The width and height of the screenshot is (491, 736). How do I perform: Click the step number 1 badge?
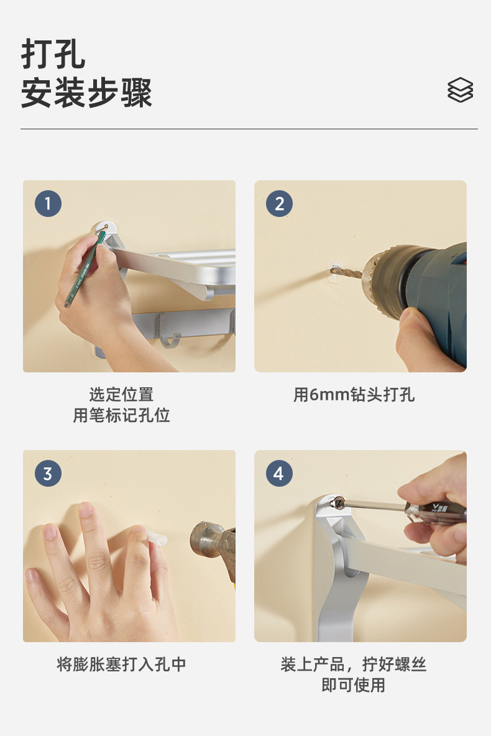pyautogui.click(x=48, y=203)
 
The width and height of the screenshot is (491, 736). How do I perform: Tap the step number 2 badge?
pyautogui.click(x=279, y=203)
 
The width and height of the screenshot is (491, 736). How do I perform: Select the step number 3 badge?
pyautogui.click(x=48, y=473)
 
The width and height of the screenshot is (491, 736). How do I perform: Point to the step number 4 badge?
pyautogui.click(x=279, y=473)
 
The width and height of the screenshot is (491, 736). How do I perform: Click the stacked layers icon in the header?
pyautogui.click(x=460, y=90)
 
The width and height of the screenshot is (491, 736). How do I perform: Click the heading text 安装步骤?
pyautogui.click(x=87, y=93)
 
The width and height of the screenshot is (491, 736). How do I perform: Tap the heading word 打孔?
pyautogui.click(x=53, y=54)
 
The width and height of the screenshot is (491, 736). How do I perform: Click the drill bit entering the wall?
pyautogui.click(x=347, y=272)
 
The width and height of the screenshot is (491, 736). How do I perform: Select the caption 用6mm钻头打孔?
pyautogui.click(x=354, y=395)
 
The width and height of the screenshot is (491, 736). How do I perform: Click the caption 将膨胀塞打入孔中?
pyautogui.click(x=122, y=664)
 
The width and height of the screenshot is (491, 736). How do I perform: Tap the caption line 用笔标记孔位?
pyautogui.click(x=122, y=415)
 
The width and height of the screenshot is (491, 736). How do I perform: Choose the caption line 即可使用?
pyautogui.click(x=354, y=685)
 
